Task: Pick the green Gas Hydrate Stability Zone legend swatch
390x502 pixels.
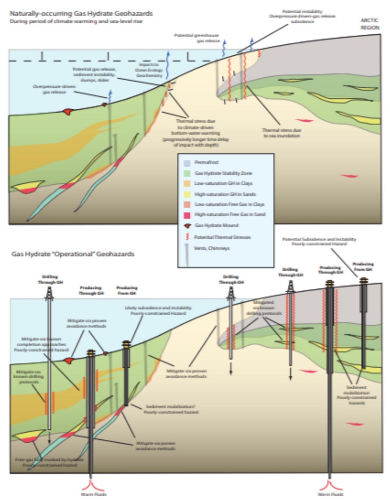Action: click(187, 173)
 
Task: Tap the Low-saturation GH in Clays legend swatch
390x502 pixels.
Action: click(187, 183)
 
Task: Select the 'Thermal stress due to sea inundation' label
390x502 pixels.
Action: click(280, 133)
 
